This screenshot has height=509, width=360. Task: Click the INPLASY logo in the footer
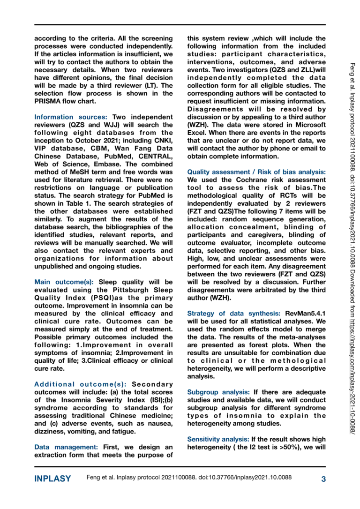click(52, 479)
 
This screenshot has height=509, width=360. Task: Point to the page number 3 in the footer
click(323, 479)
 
